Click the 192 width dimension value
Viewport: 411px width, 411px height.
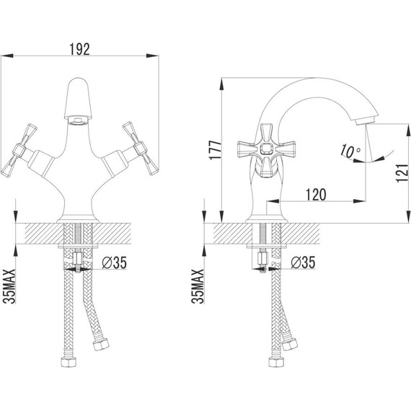(80, 49)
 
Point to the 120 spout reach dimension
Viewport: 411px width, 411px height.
(314, 194)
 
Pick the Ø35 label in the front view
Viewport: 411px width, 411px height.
(115, 263)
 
